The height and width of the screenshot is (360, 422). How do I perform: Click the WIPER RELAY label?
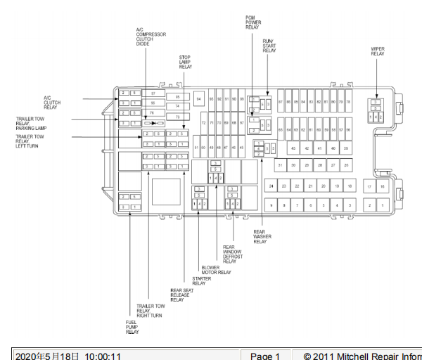click(x=378, y=51)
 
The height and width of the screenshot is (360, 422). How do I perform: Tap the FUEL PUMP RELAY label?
click(x=132, y=327)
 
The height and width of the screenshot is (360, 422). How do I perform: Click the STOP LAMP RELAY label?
click(x=185, y=62)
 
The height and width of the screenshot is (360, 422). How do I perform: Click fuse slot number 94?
click(x=199, y=99)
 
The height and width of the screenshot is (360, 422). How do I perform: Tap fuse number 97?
click(x=153, y=93)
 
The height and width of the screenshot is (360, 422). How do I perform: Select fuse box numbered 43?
click(x=293, y=148)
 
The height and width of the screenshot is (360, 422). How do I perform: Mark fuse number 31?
click(x=279, y=165)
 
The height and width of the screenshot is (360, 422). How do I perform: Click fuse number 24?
click(x=271, y=186)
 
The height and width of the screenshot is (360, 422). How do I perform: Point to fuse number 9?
click(x=271, y=205)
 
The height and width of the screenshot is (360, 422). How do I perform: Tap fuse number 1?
click(x=383, y=205)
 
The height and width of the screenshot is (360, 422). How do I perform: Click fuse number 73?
click(x=178, y=117)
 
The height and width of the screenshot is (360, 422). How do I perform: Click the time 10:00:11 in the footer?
click(x=103, y=356)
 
